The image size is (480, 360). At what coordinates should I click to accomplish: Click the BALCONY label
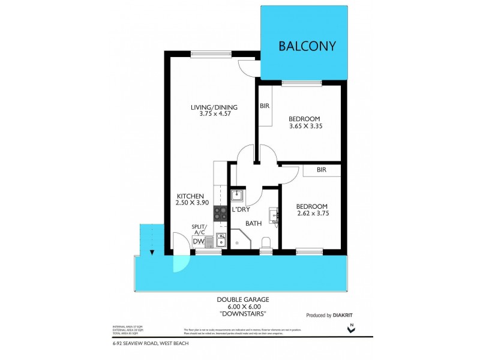pyautogui.click(x=306, y=46)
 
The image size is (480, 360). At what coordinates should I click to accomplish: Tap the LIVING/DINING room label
pyautogui.click(x=214, y=107)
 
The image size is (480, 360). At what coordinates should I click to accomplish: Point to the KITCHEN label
pyautogui.click(x=191, y=196)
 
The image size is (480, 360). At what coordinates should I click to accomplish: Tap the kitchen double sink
pyautogui.click(x=220, y=240)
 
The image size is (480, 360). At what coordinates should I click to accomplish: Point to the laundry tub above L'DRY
pyautogui.click(x=236, y=195)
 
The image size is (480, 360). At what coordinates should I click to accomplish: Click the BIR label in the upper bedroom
pyautogui.click(x=264, y=106)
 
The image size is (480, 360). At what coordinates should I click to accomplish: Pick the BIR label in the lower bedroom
pyautogui.click(x=321, y=170)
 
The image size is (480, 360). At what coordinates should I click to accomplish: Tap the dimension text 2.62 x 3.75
pyautogui.click(x=313, y=213)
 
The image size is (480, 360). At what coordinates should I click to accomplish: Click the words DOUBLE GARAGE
pyautogui.click(x=242, y=299)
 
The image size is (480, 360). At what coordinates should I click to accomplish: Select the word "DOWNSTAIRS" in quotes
pyautogui.click(x=242, y=313)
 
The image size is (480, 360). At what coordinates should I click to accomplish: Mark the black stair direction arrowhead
pyautogui.click(x=152, y=253)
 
